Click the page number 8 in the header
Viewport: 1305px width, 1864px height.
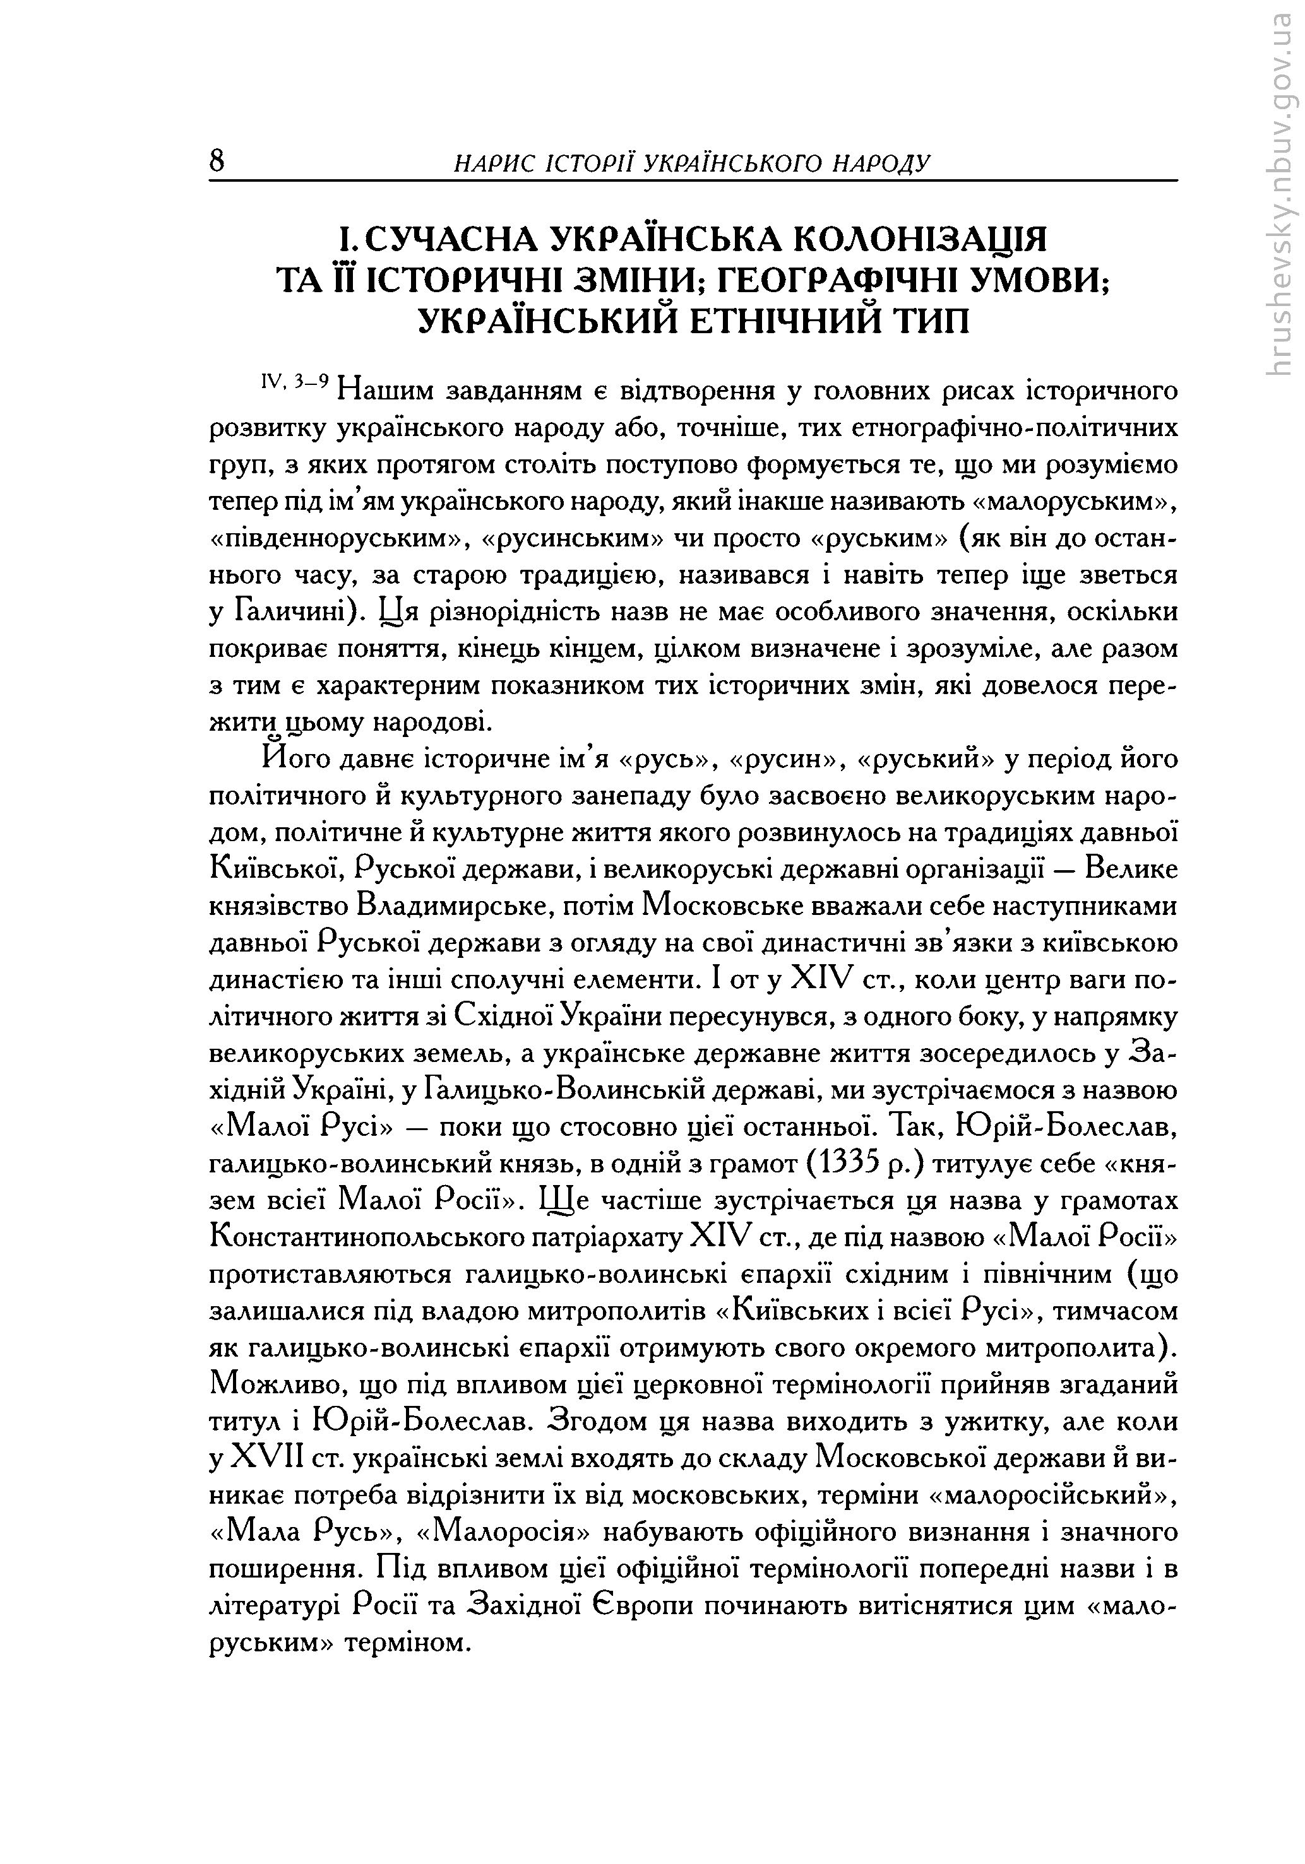(x=217, y=160)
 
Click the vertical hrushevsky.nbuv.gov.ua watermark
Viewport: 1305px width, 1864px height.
(x=1280, y=195)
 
